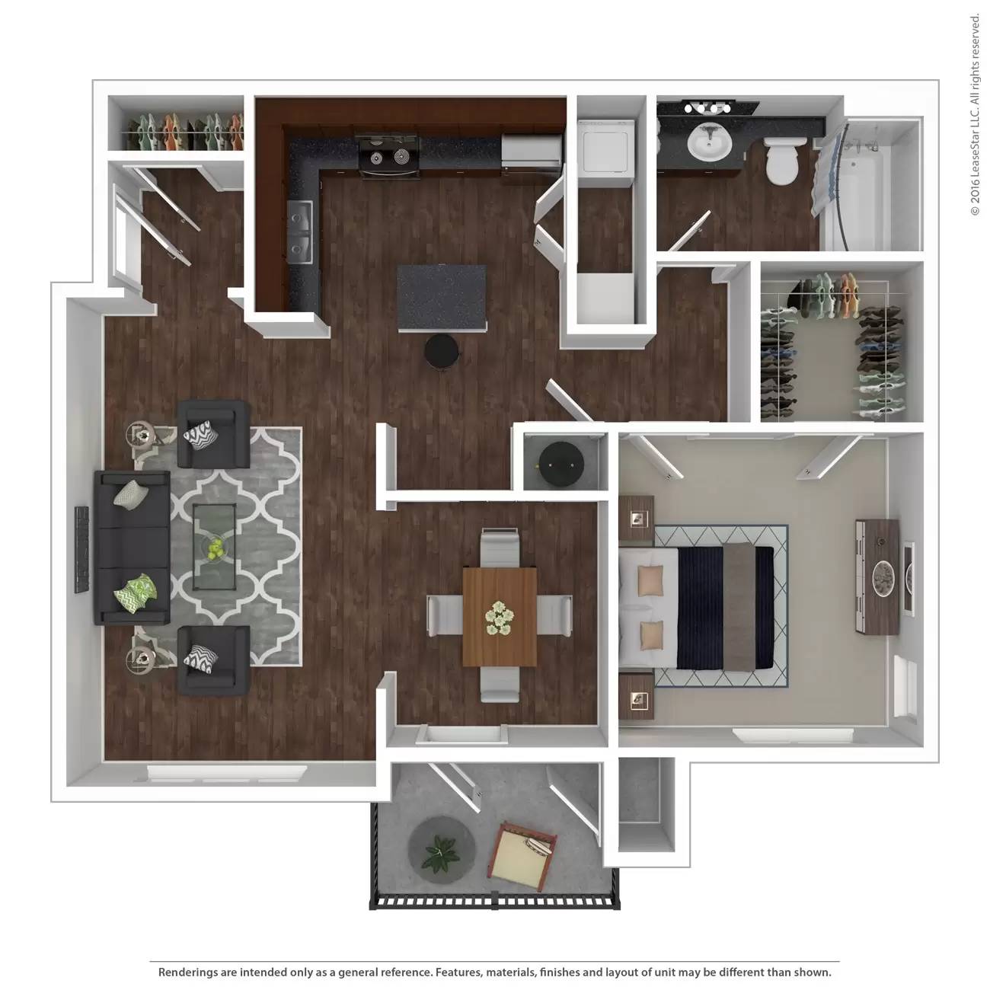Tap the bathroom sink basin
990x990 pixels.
tap(710, 142)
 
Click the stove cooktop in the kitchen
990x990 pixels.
tap(389, 155)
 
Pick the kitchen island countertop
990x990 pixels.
tap(442, 297)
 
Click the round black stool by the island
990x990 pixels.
tap(442, 352)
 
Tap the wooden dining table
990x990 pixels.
tap(500, 617)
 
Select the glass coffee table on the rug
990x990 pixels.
tap(214, 546)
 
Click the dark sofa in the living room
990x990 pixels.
tap(131, 548)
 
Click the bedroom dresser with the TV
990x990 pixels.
tap(877, 575)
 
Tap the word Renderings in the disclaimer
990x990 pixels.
tap(187, 972)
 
